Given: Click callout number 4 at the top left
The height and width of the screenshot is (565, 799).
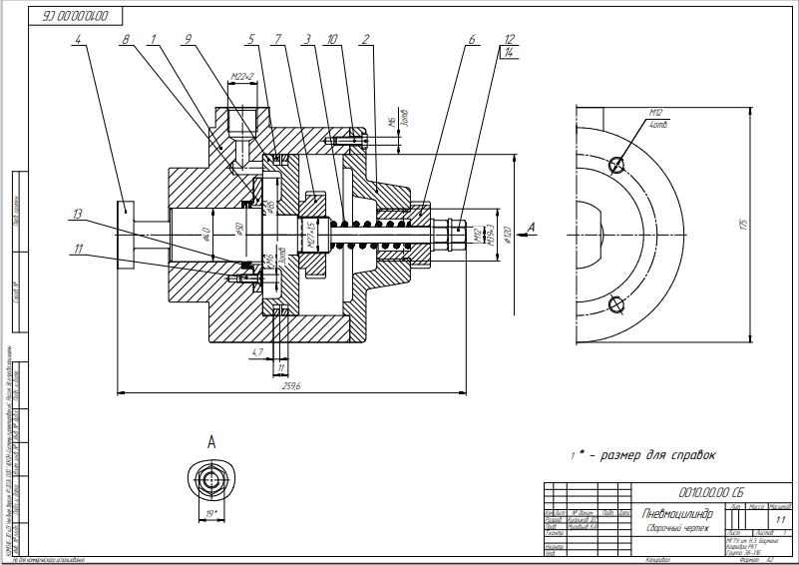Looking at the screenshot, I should tap(78, 39).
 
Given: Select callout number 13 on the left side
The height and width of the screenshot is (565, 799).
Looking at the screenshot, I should tap(79, 214).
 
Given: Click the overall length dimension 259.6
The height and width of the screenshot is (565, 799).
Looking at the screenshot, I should tap(292, 385).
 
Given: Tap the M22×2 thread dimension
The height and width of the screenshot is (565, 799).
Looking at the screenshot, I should tap(241, 76).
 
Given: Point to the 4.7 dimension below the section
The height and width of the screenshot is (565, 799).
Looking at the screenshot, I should tap(256, 352).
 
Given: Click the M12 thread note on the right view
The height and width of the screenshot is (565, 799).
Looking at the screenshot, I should tap(655, 113).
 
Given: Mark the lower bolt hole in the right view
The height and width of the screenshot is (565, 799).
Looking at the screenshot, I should tap(615, 303).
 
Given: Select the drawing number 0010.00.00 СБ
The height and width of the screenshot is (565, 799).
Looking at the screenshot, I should tap(709, 491).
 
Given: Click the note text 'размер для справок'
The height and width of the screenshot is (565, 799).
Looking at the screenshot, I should tap(652, 455).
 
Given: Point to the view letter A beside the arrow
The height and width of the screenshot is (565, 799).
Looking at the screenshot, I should tap(531, 228).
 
